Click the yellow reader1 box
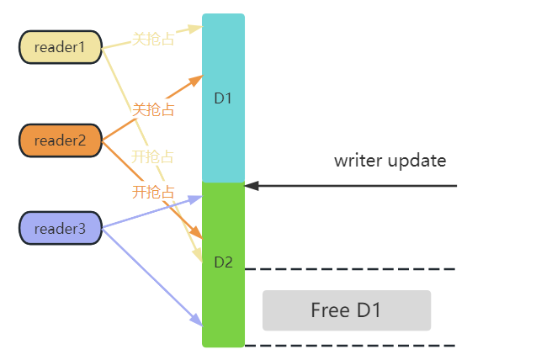coord(61,47)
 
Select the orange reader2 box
coord(61,140)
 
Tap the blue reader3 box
coord(61,228)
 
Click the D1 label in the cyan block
coord(223,98)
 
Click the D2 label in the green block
coord(223,262)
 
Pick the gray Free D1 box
coord(346,310)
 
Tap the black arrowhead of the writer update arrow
coord(251,185)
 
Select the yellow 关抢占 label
coord(153,40)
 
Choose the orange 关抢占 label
coord(153,109)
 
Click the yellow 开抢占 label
coord(153,156)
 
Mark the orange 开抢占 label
coord(153,192)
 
